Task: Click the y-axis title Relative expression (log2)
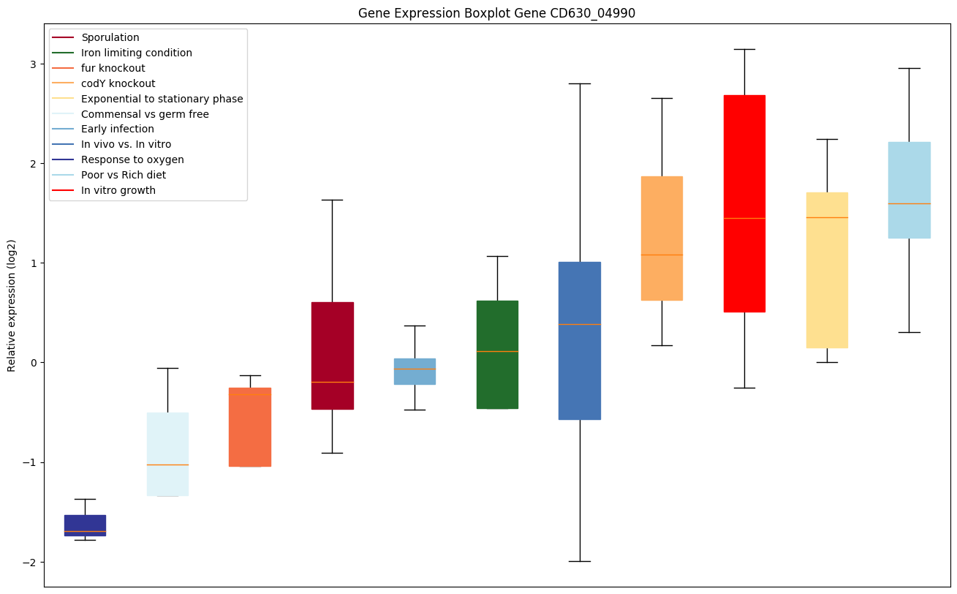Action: pos(12,305)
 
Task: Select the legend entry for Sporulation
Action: pos(110,37)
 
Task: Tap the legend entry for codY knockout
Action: pos(118,83)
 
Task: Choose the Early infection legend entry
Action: pos(118,129)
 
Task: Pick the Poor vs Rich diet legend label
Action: pos(124,176)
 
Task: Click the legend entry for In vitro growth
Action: pos(118,191)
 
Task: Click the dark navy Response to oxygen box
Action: pos(85,525)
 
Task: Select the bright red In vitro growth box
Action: pos(744,203)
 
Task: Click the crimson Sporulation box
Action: pos(333,356)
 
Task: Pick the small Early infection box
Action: pos(415,371)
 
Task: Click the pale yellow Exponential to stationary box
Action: pos(827,270)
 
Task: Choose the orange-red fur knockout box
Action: pos(250,426)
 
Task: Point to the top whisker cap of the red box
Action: pos(744,49)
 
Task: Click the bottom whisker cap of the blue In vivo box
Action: pos(580,561)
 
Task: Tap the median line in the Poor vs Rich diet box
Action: pos(909,203)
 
